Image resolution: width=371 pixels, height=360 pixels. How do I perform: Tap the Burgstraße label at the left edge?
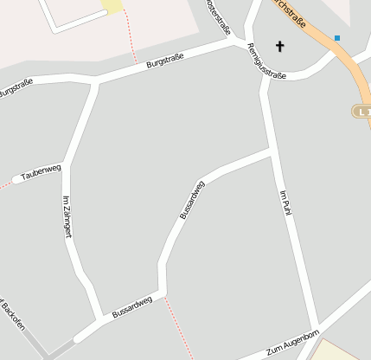(16, 87)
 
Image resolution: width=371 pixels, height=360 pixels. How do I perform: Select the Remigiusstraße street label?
(266, 61)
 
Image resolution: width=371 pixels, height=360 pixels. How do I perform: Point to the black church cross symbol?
(279, 46)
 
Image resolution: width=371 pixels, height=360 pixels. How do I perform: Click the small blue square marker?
(337, 38)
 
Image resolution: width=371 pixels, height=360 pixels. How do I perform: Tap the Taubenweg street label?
(41, 173)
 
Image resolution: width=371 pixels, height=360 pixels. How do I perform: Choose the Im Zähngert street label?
(67, 217)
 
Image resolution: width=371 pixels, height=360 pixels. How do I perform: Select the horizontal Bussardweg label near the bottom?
(132, 306)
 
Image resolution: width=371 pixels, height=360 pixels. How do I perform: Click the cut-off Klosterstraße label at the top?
(220, 16)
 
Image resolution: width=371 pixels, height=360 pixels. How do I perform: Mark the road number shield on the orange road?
(362, 111)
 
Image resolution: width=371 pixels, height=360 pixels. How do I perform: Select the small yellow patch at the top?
(112, 6)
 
